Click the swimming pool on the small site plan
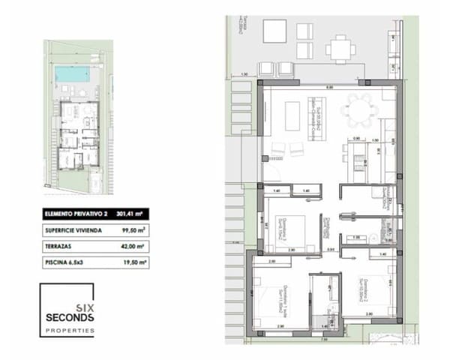click(73, 74)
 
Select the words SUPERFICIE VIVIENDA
click(70, 230)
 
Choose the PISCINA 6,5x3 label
click(65, 262)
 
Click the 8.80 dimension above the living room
click(328, 88)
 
